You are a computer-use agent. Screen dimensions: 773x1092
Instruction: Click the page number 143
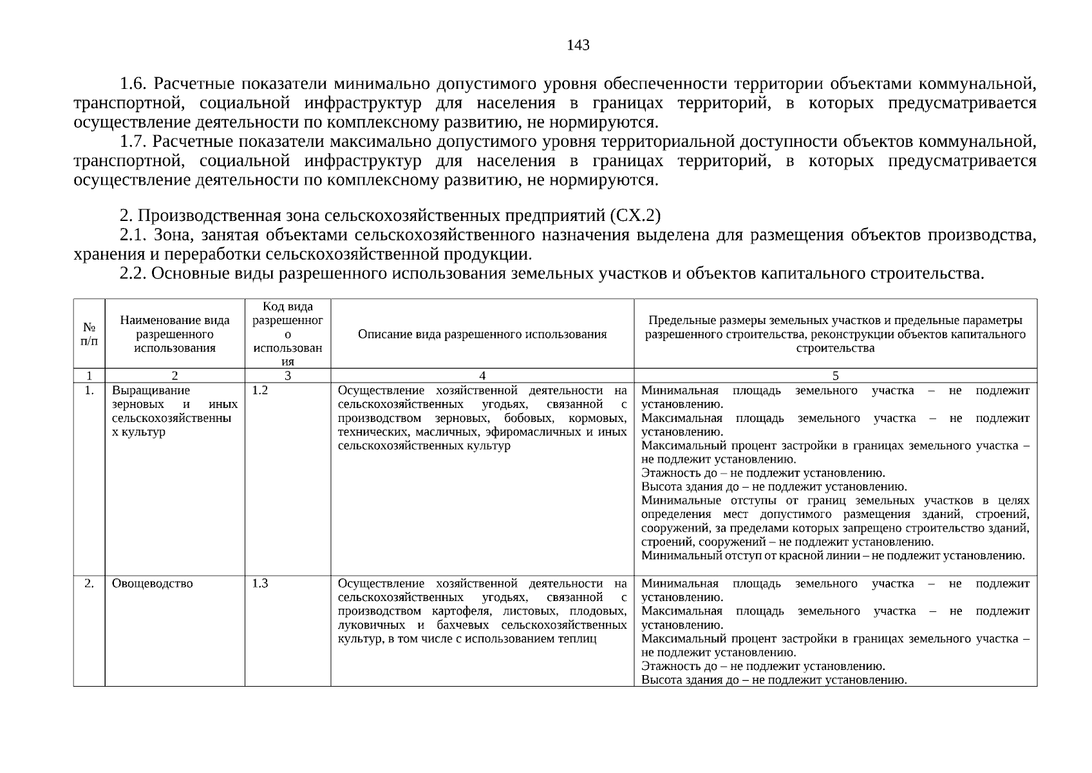[578, 45]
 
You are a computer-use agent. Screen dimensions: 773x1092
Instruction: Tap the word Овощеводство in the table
[152, 584]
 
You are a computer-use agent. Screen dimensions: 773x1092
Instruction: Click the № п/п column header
[89, 334]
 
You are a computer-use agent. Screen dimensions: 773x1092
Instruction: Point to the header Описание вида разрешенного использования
[482, 334]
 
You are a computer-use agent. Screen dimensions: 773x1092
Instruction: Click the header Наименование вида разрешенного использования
[174, 334]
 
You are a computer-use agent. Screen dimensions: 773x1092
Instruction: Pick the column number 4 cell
[482, 376]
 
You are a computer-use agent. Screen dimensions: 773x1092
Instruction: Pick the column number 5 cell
[835, 376]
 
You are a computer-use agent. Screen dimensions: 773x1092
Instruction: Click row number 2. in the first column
[89, 584]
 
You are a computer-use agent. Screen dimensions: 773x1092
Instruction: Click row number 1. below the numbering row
[89, 390]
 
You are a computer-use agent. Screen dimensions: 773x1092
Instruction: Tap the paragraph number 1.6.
[134, 84]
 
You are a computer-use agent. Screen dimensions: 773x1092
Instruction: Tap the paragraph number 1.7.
[134, 142]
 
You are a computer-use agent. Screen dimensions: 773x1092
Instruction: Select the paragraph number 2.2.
[134, 274]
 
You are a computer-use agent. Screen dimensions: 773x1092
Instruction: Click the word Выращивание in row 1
[151, 390]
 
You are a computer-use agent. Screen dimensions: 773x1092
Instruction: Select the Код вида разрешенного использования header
[288, 334]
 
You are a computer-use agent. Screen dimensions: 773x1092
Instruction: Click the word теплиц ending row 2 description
[579, 639]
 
